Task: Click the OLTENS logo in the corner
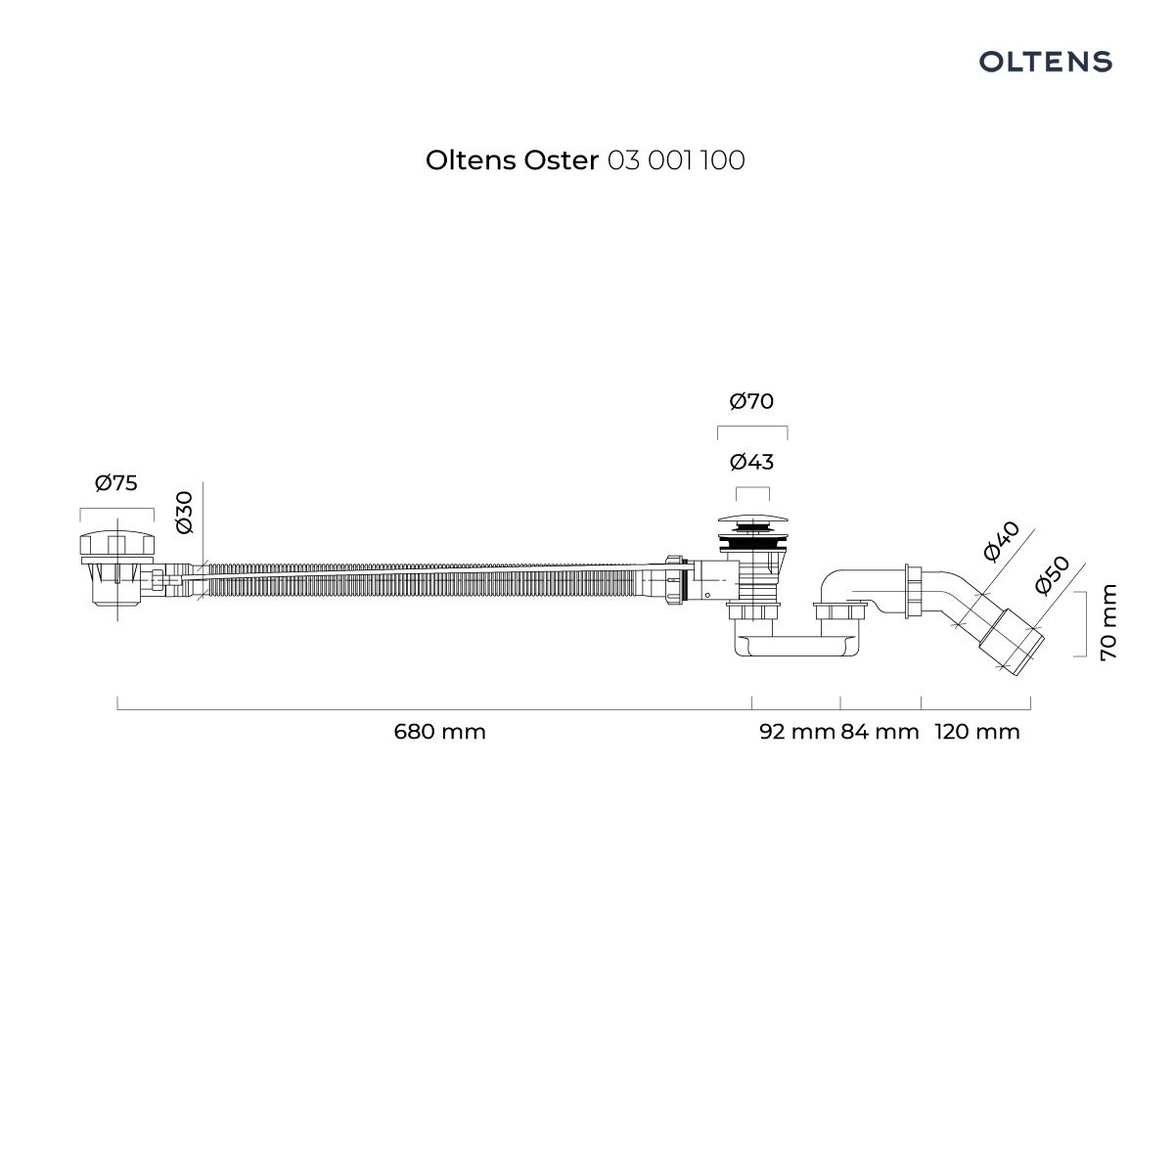pos(1045,62)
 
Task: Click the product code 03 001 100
pos(676,160)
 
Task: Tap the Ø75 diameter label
pos(116,483)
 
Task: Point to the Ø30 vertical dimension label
pos(184,513)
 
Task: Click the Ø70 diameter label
pos(751,401)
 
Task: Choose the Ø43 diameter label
pos(751,462)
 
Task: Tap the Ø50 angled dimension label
pos(1052,574)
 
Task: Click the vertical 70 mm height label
pos(1108,622)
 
